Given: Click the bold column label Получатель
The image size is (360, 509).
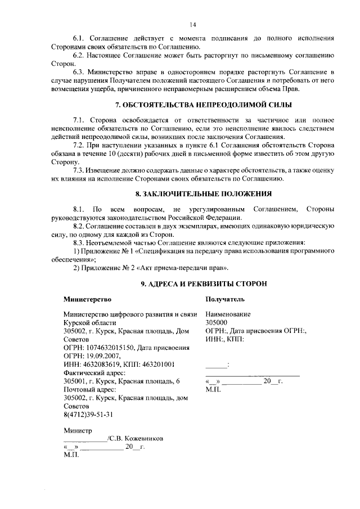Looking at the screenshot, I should (225, 299).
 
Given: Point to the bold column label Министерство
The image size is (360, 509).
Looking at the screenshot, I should (87, 299).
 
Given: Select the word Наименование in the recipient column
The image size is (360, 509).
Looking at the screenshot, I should (228, 314).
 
